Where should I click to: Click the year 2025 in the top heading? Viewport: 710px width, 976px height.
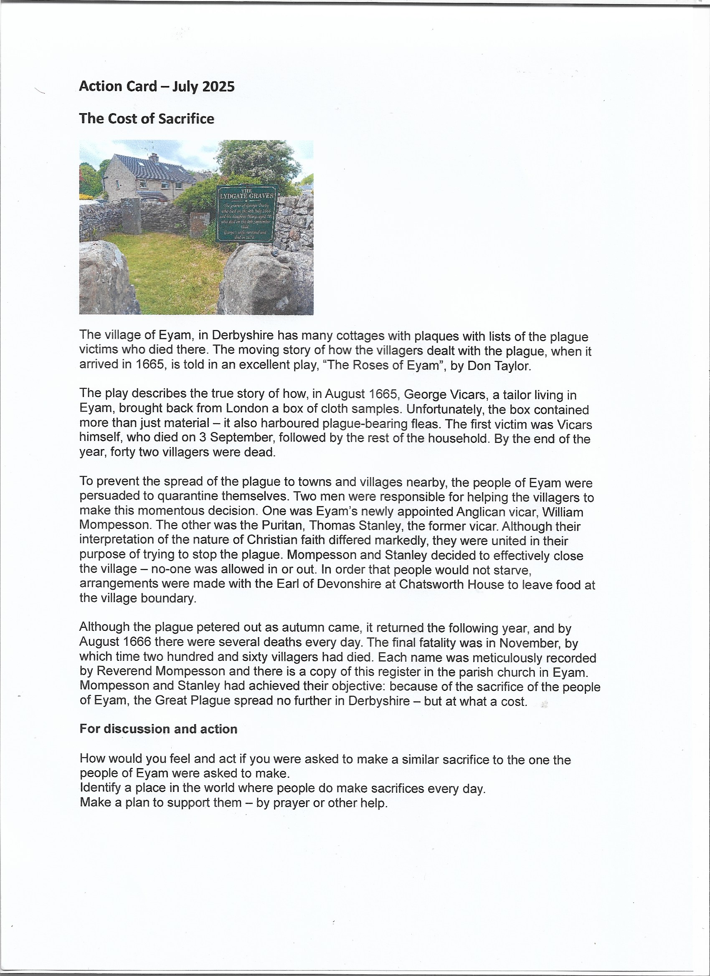pyautogui.click(x=218, y=86)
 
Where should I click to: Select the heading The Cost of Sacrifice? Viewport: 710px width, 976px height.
pyautogui.click(x=147, y=119)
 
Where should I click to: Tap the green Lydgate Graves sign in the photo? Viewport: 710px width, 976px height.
pyautogui.click(x=246, y=213)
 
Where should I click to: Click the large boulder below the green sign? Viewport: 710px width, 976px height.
pyautogui.click(x=265, y=280)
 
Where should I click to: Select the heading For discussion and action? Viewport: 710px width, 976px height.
pyautogui.click(x=158, y=729)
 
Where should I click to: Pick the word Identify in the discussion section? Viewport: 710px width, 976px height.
pyautogui.click(x=100, y=789)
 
